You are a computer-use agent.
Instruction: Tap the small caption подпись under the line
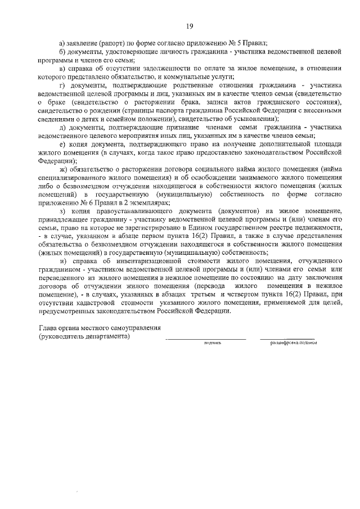point(213,342)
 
